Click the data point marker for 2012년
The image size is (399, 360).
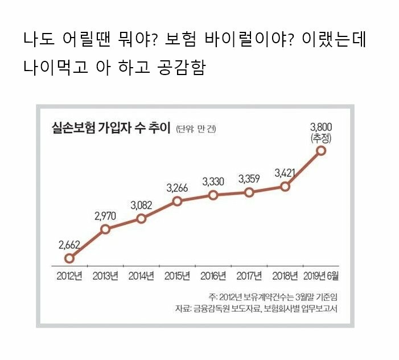pos(69,258)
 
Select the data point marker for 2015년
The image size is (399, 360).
pos(177,201)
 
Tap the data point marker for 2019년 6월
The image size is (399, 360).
pos(321,151)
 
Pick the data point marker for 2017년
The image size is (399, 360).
pos(249,192)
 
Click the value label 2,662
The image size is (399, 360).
pos(69,245)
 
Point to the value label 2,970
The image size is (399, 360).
pos(105,216)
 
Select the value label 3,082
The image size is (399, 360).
pos(141,205)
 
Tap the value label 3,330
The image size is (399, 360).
pos(213,181)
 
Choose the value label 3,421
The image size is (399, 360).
pos(285,173)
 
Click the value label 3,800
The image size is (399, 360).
pos(321,126)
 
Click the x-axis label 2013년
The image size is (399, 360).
pos(105,277)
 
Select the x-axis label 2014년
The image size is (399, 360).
pos(141,277)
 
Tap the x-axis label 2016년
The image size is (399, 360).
pos(213,277)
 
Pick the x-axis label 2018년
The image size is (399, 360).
pos(285,277)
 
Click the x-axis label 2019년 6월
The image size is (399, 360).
pos(321,277)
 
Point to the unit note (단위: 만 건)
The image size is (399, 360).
pos(196,129)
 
